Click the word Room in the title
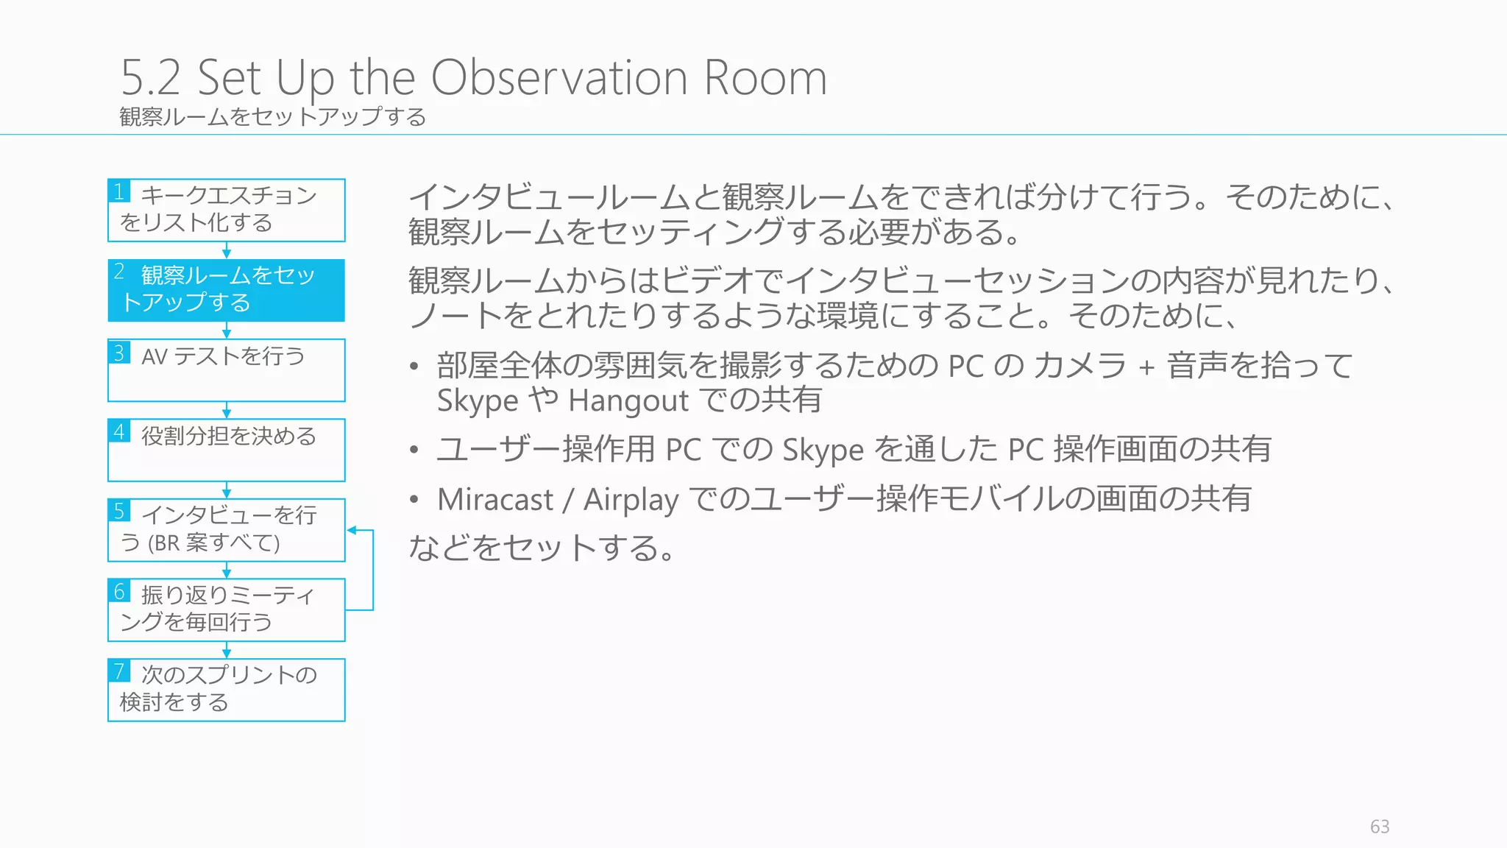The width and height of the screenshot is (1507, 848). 765,77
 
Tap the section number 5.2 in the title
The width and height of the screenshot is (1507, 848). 151,77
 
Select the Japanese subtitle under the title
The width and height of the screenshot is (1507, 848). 272,117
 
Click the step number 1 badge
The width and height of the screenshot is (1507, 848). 119,191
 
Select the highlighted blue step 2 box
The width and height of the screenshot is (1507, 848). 226,290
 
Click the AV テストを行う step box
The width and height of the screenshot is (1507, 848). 226,370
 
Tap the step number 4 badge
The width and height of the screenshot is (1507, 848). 119,431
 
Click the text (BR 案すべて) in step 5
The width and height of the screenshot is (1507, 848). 213,543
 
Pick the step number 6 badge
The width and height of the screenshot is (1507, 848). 119,591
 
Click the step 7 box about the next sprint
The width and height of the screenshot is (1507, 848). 226,690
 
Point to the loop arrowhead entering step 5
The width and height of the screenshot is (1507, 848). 352,530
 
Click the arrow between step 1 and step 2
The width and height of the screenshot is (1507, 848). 227,250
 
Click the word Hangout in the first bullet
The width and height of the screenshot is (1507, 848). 628,401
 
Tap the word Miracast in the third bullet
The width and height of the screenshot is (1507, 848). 494,500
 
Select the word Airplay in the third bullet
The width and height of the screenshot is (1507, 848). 631,500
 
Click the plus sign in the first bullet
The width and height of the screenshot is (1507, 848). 1146,367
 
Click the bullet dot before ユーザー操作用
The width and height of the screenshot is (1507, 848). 414,450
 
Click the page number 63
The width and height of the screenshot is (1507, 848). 1379,827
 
